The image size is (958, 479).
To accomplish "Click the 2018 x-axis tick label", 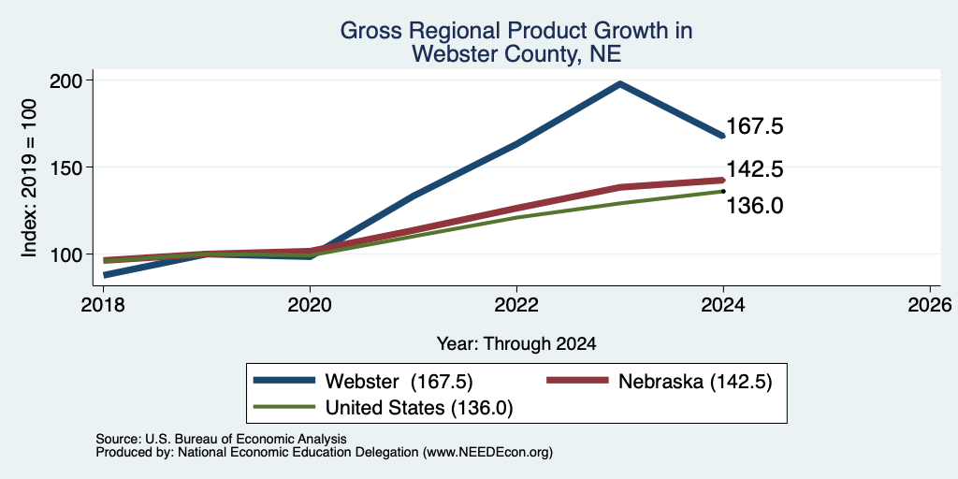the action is point(104,305).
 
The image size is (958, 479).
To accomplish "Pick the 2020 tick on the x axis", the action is point(311,305).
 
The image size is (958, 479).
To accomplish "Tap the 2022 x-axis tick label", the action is point(516,305).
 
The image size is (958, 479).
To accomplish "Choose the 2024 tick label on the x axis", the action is point(723,305).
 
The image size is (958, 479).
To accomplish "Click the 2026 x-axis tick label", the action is point(930,305).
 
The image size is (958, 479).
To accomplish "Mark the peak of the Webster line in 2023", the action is point(620,83).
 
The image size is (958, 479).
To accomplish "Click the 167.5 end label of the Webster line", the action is point(755,126).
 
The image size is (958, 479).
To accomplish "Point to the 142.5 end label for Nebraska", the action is point(755,169).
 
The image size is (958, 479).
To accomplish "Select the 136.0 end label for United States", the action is point(755,206).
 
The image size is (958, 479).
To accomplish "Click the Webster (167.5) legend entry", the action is point(364,381).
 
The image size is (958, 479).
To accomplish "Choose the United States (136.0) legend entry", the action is point(383,408).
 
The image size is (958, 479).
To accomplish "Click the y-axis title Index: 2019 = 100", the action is point(30,178).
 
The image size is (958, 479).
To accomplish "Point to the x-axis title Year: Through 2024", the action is point(516,344).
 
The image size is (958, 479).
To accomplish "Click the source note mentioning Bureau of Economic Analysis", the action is point(221,439).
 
